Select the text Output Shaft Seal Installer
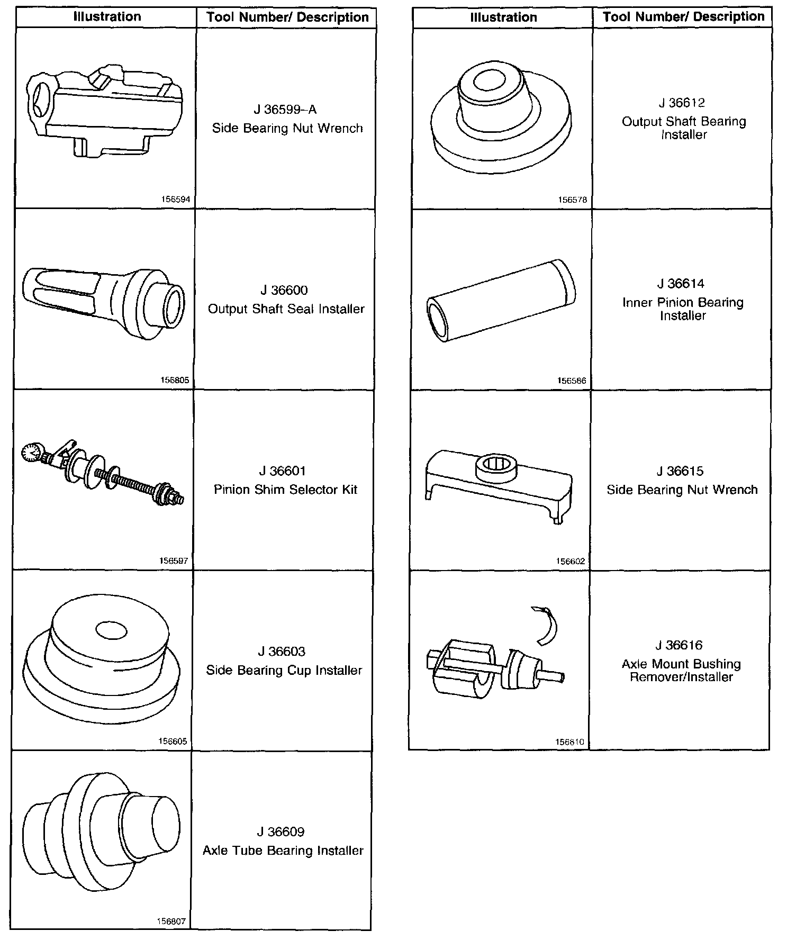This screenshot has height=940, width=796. pos(286,309)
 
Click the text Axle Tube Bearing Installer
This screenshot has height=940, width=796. pos(283,851)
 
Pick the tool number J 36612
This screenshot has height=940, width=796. pos(682,103)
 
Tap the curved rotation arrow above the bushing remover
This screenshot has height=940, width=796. pos(548,625)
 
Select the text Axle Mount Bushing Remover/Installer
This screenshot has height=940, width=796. pos(681,671)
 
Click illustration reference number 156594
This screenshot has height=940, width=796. pos(175,200)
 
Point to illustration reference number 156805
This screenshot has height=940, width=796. pos(174,381)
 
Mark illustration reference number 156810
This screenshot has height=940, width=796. pos(570,743)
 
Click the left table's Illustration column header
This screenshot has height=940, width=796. pos(107,17)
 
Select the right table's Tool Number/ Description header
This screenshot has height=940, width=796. pos(683,17)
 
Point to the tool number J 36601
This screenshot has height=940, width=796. pos(283,471)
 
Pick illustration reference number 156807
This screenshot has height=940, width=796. pos(171,921)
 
